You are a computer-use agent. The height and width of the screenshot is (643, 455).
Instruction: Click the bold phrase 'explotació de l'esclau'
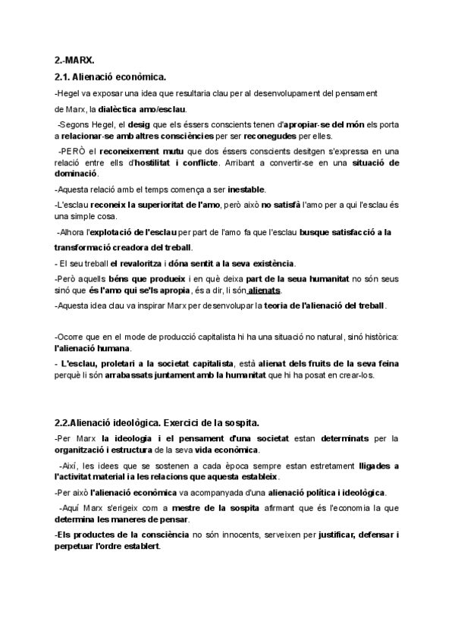point(135,231)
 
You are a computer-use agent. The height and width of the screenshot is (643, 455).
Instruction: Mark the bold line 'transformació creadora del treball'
point(124,247)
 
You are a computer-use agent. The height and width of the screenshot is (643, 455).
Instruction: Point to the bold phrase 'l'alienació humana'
point(93,348)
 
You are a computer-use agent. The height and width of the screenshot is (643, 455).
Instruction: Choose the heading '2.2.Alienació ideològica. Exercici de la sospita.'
point(161,422)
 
